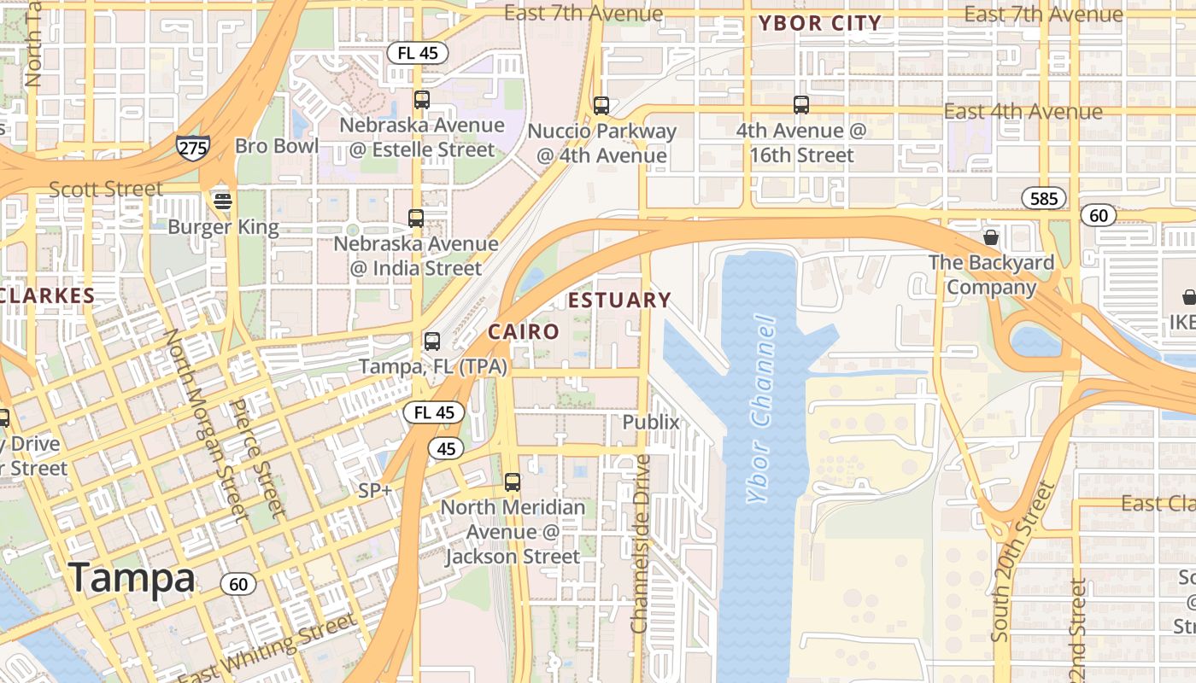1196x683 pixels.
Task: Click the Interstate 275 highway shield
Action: click(x=193, y=147)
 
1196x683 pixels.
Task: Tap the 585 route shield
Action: click(x=1044, y=199)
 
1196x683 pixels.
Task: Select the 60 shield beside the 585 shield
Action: click(x=1099, y=215)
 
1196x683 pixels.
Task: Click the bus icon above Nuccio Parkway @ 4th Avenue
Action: click(x=601, y=106)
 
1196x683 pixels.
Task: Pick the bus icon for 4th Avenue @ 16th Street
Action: click(x=800, y=105)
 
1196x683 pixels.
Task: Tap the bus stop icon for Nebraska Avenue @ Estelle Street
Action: click(x=421, y=99)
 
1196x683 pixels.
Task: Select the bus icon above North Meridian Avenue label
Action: click(x=512, y=482)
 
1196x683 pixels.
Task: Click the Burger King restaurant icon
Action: click(x=223, y=201)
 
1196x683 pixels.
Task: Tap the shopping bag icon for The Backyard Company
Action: click(x=991, y=236)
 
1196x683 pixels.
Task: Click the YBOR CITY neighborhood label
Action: click(x=820, y=24)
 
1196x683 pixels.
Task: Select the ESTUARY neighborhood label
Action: click(x=619, y=301)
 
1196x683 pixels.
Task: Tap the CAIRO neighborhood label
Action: click(x=523, y=331)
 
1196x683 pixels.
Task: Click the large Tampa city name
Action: click(x=132, y=578)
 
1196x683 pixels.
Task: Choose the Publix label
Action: click(x=651, y=422)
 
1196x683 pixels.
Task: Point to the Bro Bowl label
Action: click(x=277, y=146)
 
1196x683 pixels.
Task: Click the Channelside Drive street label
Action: click(x=641, y=544)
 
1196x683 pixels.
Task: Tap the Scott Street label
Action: click(x=105, y=189)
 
